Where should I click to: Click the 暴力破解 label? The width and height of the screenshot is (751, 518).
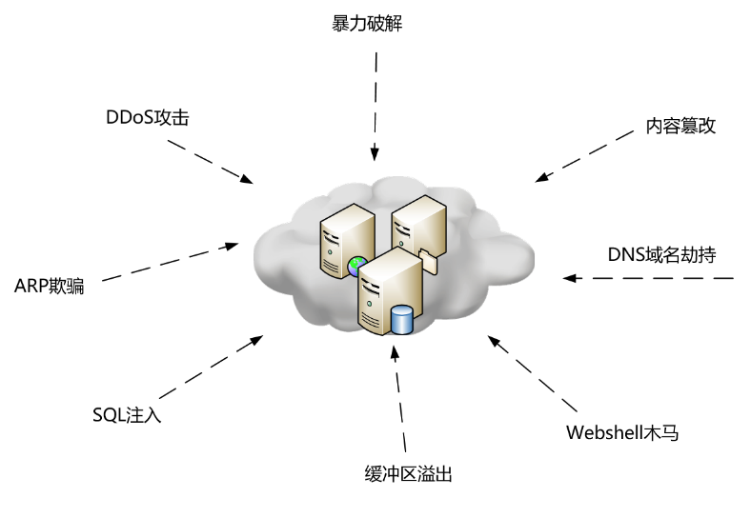click(367, 24)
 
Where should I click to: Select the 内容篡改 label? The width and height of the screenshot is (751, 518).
click(680, 127)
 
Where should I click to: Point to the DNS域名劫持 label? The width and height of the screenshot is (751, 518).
click(661, 255)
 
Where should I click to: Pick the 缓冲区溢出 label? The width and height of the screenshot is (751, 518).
click(407, 473)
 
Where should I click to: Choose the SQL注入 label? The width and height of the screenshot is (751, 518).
click(128, 414)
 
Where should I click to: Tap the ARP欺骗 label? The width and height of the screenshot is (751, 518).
click(50, 286)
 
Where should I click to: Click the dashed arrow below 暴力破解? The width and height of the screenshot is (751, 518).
click(375, 105)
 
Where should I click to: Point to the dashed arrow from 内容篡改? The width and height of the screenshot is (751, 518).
click(583, 155)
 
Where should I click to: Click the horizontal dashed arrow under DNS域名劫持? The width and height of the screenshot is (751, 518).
click(648, 279)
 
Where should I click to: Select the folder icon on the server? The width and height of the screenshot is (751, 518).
click(426, 260)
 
